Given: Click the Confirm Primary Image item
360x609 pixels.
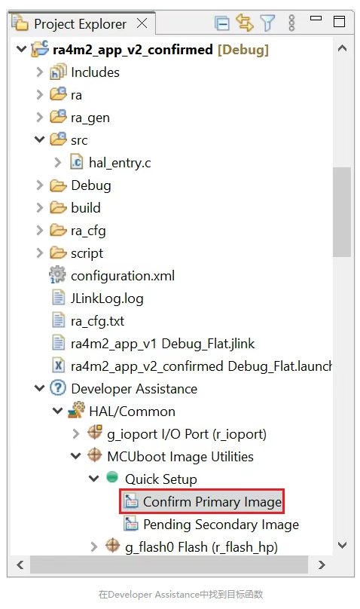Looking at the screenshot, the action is click(x=212, y=502).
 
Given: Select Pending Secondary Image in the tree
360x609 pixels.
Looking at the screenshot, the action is click(x=221, y=525).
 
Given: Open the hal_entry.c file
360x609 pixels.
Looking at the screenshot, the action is click(x=120, y=163).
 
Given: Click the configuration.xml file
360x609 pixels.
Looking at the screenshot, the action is click(x=123, y=276).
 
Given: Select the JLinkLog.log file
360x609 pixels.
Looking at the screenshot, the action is click(x=107, y=298).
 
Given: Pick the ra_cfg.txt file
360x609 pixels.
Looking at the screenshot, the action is click(x=97, y=321).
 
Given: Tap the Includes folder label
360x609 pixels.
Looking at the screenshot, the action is click(x=95, y=72).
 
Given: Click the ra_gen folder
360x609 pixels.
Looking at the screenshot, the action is click(x=90, y=118).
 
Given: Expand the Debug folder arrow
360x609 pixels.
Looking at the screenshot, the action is click(x=39, y=185).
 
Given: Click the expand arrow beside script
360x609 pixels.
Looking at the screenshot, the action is click(x=39, y=253).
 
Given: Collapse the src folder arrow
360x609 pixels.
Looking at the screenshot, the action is click(x=40, y=139).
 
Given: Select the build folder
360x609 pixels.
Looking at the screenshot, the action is click(x=86, y=208).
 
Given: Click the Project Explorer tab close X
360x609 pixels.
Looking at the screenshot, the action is click(x=142, y=23).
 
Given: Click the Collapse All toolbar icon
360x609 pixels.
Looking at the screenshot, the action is click(x=222, y=23).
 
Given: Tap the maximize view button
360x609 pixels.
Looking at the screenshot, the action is click(x=340, y=21).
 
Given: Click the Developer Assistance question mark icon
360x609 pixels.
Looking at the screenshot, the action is click(x=58, y=388).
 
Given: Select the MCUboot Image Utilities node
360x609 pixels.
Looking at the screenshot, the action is click(x=181, y=457).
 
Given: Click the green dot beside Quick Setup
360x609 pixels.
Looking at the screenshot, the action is click(x=112, y=477).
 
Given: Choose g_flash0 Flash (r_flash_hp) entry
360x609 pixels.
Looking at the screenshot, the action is click(x=201, y=547).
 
